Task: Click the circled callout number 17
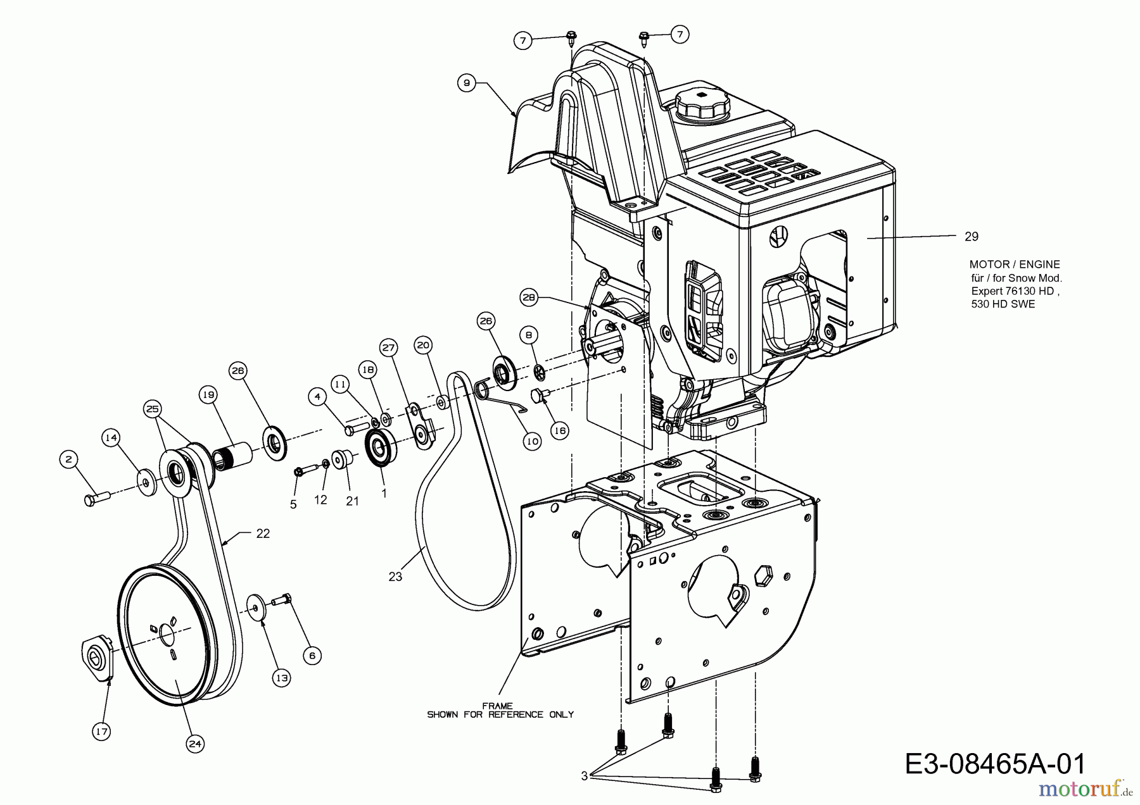point(101,732)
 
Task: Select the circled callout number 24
point(195,744)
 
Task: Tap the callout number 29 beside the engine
point(971,237)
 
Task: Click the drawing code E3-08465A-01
point(995,764)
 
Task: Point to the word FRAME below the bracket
point(497,706)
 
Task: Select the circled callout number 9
point(466,83)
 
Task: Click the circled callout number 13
point(281,678)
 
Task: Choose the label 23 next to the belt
point(395,577)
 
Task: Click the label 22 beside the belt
point(262,534)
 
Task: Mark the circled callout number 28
point(529,296)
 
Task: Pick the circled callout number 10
point(532,441)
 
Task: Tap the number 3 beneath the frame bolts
point(583,776)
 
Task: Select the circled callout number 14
point(111,437)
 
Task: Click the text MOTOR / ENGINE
point(1014,265)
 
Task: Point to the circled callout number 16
point(559,430)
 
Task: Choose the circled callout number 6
point(312,656)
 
